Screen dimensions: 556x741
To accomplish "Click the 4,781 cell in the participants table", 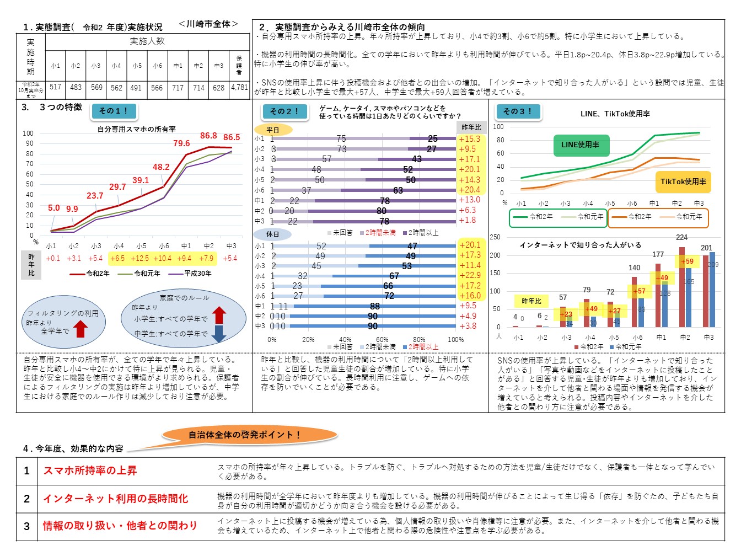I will [x=239, y=87].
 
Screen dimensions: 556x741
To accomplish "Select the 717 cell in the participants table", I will [x=178, y=87].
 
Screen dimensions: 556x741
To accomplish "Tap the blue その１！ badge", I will [x=114, y=111].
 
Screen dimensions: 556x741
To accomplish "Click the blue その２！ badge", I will [x=284, y=111].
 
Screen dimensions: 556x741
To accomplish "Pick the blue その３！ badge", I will [x=518, y=111].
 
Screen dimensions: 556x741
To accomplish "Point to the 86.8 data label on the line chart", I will [x=208, y=136].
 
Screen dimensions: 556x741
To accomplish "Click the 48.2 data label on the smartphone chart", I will [x=161, y=167].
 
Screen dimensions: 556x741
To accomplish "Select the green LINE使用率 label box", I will [x=580, y=145].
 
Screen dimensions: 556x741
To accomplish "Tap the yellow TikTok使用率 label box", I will [x=683, y=181].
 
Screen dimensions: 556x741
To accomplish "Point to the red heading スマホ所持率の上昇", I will [x=90, y=471].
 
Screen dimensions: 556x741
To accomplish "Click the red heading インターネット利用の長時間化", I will [x=116, y=499].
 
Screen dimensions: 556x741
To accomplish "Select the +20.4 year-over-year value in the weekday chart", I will [x=469, y=190].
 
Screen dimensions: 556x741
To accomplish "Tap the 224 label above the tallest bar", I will [x=682, y=238].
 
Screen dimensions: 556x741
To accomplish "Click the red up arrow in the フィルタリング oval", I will [x=80, y=329].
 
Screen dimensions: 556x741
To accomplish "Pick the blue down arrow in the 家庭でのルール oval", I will [x=219, y=333].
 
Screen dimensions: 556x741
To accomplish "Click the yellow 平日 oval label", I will [x=273, y=130].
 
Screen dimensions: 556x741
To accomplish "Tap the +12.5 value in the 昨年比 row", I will [x=139, y=258].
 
